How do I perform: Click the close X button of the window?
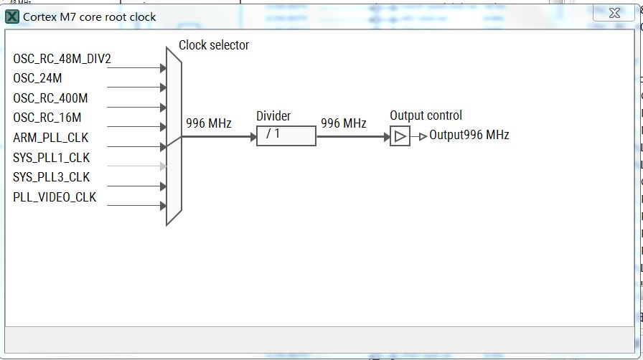pos(614,14)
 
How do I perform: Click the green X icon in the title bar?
pos(12,16)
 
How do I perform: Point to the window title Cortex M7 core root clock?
pos(90,16)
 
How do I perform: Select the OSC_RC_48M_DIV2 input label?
pos(62,59)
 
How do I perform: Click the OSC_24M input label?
pos(38,78)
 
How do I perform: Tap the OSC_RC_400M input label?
pos(50,98)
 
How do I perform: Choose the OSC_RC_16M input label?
pos(47,118)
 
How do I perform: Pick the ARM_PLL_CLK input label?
pos(51,138)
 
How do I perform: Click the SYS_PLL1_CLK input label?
pos(52,158)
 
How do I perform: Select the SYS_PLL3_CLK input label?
pos(52,177)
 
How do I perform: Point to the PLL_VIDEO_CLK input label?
pos(55,197)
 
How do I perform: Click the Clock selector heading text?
pos(214,45)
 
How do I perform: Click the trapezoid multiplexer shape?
pos(174,136)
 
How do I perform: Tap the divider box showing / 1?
pos(286,136)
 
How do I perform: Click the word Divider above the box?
pos(273,116)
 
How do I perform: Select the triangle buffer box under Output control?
pos(400,136)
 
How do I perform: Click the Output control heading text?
pos(426,115)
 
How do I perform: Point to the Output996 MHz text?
pos(469,135)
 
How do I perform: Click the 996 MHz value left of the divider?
pos(209,123)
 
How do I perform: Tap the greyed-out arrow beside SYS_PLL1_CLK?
pos(164,166)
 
